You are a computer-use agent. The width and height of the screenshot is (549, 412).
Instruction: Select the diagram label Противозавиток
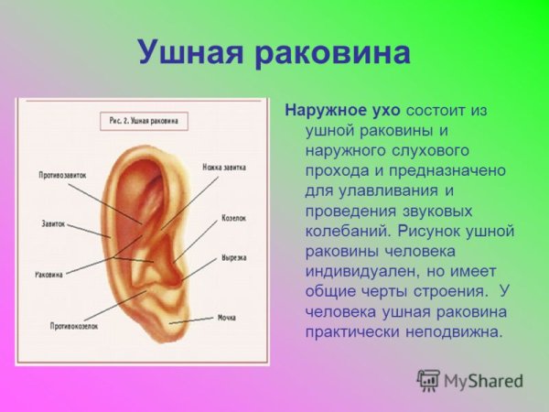pyautogui.click(x=63, y=175)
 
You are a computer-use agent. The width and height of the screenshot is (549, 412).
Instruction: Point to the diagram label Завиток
pyautogui.click(x=53, y=222)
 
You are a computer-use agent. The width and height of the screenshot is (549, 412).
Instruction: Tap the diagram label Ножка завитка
pyautogui.click(x=225, y=168)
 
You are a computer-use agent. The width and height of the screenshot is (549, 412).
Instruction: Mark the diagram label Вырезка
pyautogui.click(x=232, y=258)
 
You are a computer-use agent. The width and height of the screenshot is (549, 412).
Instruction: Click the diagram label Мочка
pyautogui.click(x=227, y=318)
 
